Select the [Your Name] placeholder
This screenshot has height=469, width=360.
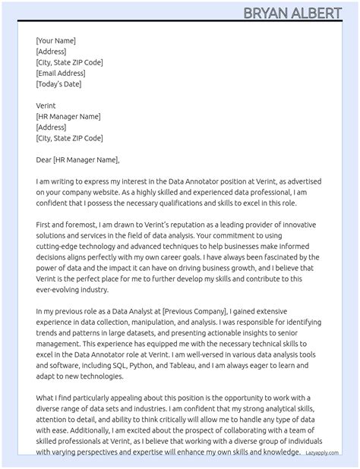point(55,41)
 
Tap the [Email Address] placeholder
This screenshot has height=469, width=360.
point(61,74)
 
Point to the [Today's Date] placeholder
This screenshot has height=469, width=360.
point(59,84)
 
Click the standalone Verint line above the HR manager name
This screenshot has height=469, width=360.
point(46,106)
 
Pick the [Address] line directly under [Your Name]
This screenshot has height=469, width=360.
point(51,52)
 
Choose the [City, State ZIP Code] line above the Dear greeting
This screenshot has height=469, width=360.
point(69,139)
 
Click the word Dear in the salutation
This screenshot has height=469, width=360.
point(43,160)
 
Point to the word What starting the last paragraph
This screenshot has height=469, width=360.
point(45,398)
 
